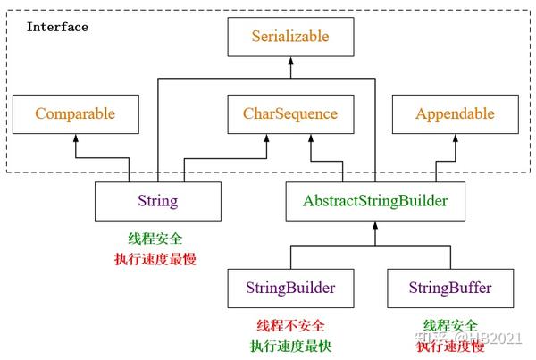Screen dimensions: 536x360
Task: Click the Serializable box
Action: (290, 37)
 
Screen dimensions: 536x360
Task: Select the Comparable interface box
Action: (76, 114)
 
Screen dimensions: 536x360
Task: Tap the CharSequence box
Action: (290, 114)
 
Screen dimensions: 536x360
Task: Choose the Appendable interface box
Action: (456, 114)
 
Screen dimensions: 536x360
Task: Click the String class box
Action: (158, 201)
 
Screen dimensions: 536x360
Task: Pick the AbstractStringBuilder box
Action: (375, 201)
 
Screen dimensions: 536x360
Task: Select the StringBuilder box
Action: (290, 289)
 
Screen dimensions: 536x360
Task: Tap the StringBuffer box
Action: (450, 289)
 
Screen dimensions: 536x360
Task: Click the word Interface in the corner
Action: (57, 27)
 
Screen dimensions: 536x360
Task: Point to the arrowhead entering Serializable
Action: (291, 61)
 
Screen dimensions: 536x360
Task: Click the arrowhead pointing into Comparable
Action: (76, 138)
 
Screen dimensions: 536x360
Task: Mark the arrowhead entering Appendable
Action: (456, 138)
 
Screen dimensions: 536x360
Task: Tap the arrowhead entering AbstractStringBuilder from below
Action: (375, 225)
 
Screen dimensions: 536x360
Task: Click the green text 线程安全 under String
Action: (155, 239)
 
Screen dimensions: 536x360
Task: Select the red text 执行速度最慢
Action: (155, 259)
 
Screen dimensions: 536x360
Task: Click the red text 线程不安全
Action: (290, 325)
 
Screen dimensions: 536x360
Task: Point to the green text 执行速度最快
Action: (290, 346)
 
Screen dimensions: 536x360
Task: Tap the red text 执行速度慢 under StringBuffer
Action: (450, 347)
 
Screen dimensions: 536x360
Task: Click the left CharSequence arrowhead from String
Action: (266, 138)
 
